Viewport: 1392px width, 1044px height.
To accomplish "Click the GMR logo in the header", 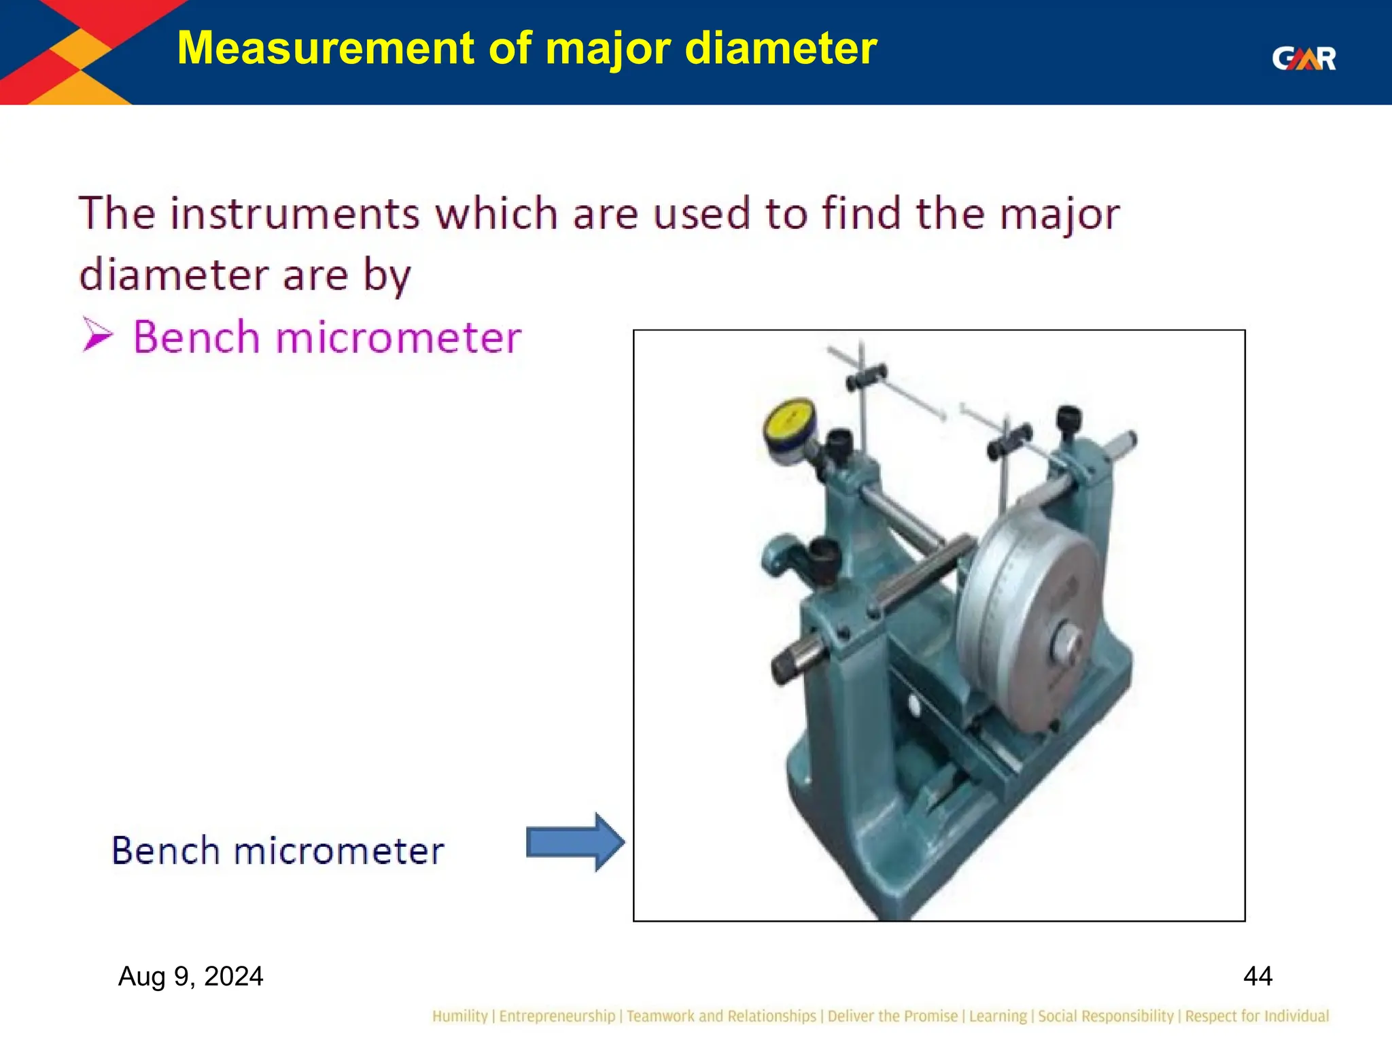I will pyautogui.click(x=1303, y=58).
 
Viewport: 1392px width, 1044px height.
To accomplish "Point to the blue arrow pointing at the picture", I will pyautogui.click(x=575, y=842).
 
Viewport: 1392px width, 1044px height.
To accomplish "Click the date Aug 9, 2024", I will pyautogui.click(x=190, y=976).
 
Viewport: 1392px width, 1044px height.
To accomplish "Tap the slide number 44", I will pyautogui.click(x=1257, y=976).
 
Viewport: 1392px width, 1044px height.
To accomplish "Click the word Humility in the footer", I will pyautogui.click(x=459, y=1016).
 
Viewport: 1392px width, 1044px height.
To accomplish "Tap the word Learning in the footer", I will pyautogui.click(x=998, y=1016).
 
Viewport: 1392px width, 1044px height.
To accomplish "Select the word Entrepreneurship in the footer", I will pyautogui.click(x=557, y=1016).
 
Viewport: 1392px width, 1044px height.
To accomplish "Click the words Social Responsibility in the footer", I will pyautogui.click(x=1105, y=1016).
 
